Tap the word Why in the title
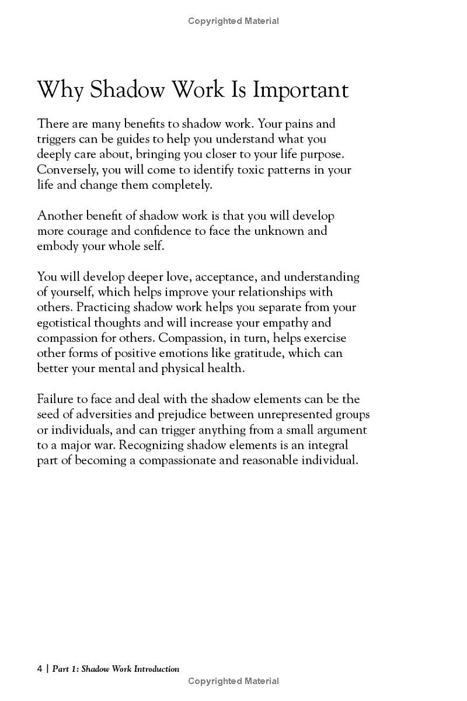[61, 90]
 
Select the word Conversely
[66, 169]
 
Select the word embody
[57, 246]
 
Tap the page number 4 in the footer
[40, 669]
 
